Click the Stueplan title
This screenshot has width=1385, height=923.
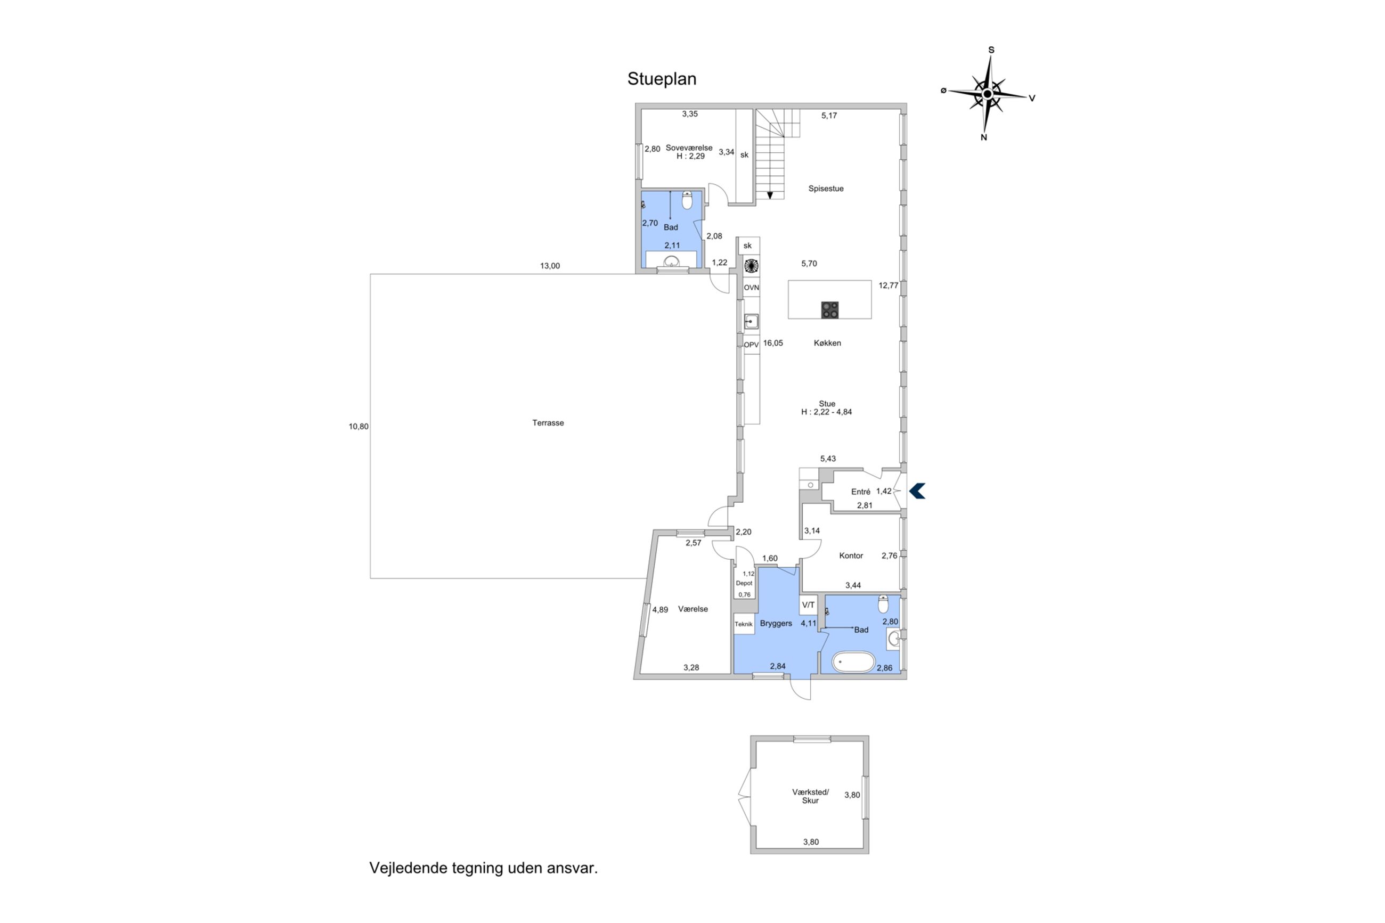pos(662,79)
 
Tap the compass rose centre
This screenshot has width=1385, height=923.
pos(988,94)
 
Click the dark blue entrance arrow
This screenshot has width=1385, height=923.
pos(917,491)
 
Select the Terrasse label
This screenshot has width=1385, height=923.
pos(548,423)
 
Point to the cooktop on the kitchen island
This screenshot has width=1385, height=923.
pos(830,309)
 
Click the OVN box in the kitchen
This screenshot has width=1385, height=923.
pos(751,288)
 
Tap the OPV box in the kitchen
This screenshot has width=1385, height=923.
pos(751,345)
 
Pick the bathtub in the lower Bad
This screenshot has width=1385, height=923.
pos(853,662)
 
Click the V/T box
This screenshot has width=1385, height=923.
pos(808,605)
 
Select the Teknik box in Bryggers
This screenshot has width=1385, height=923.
pos(744,624)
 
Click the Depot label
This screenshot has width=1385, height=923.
pos(744,583)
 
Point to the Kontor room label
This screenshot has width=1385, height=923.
pos(851,556)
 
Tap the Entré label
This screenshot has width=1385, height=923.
pos(860,492)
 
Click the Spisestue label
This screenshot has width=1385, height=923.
pos(826,189)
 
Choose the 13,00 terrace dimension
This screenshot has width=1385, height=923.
pos(550,266)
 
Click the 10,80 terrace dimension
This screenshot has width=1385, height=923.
pos(359,427)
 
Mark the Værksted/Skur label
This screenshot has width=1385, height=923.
pos(811,796)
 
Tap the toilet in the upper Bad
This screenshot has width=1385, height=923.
pos(687,201)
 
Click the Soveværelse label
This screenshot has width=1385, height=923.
pos(689,148)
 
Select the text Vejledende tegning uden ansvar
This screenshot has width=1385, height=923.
pos(483,868)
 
